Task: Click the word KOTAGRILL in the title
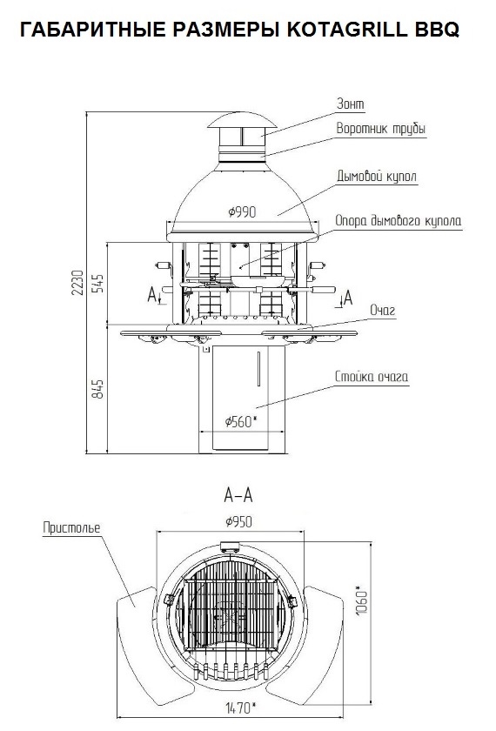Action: click(347, 29)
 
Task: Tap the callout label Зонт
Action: click(351, 104)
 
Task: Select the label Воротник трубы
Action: click(381, 129)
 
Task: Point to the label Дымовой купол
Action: click(377, 177)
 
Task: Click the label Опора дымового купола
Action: click(399, 220)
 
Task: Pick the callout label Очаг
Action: click(382, 310)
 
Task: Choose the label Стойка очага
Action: click(372, 376)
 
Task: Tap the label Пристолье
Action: click(71, 527)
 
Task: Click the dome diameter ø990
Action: click(242, 212)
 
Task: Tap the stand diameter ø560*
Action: click(241, 422)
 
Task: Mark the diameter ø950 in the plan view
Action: click(238, 521)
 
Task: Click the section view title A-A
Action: click(238, 495)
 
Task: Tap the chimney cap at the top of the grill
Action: click(242, 120)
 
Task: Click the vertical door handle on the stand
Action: click(258, 369)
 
